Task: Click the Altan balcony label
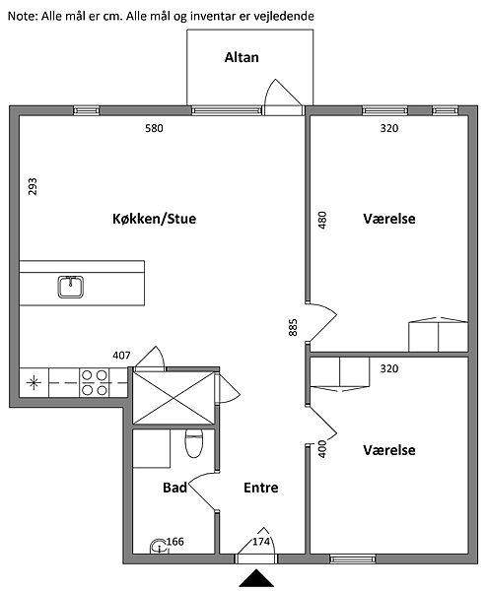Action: click(x=242, y=58)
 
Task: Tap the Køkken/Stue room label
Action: click(x=155, y=219)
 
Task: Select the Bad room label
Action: click(x=175, y=488)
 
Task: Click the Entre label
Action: click(x=261, y=488)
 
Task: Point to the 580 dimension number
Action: click(x=155, y=128)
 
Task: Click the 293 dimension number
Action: click(x=33, y=186)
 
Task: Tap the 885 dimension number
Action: click(x=293, y=327)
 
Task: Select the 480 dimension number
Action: click(x=322, y=220)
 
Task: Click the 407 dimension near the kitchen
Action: click(x=121, y=356)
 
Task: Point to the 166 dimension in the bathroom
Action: click(x=175, y=542)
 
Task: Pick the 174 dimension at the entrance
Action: click(x=261, y=542)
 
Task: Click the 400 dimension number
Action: click(x=322, y=448)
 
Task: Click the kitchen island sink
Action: click(x=71, y=287)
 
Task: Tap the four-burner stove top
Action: click(x=95, y=382)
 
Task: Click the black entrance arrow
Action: click(x=256, y=578)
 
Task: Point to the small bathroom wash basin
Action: click(x=158, y=547)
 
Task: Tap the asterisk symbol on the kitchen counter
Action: click(x=34, y=383)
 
